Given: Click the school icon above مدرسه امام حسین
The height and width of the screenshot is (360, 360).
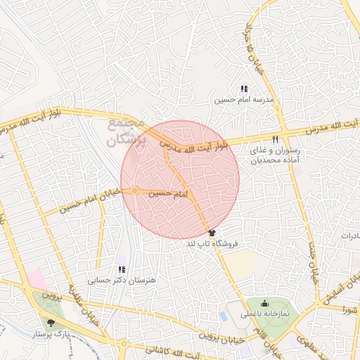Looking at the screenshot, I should [x=243, y=89].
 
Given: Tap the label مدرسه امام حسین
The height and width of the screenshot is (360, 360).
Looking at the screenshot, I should [x=242, y=101].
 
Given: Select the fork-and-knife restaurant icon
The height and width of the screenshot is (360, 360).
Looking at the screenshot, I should [x=276, y=139].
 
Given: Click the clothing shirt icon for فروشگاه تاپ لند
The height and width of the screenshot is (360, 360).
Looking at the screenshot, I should [x=212, y=233].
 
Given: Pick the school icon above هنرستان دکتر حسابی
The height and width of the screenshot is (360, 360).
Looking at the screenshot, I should [x=122, y=269].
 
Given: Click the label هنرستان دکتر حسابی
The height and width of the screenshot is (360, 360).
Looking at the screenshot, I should [x=109, y=280].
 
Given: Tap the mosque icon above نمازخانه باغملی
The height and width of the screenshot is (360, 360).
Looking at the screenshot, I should [x=264, y=303].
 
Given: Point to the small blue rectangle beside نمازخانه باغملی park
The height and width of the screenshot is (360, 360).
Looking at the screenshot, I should [x=224, y=316].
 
